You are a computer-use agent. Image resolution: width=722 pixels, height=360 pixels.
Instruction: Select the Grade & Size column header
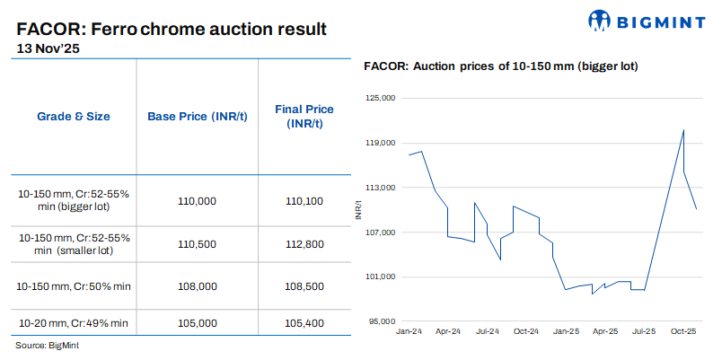point(74,117)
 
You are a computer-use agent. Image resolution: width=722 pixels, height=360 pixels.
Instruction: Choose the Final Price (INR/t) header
point(304,117)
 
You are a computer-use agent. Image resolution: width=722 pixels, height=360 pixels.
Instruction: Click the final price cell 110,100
point(304,202)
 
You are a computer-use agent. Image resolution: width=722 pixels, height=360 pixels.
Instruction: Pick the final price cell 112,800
point(304,244)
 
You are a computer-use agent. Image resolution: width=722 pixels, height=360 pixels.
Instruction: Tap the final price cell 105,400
point(304,322)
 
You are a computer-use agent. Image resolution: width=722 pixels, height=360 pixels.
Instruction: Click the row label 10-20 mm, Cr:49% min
point(74,322)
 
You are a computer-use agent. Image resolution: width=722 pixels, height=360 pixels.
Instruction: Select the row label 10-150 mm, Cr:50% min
point(74,286)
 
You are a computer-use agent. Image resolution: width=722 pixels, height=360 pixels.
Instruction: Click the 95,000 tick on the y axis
point(382,321)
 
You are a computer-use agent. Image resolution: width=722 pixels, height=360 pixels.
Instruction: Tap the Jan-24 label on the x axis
point(409,331)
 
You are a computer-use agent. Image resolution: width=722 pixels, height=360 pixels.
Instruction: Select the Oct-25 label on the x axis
point(684,331)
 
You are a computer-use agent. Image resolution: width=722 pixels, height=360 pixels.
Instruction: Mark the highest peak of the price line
point(683,129)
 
